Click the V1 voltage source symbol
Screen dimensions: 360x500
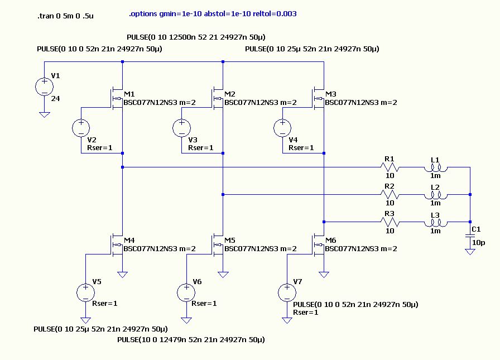click(44, 87)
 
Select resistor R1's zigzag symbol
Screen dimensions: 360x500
click(390, 166)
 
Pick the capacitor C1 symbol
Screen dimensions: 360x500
click(470, 237)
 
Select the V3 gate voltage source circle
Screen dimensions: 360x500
click(181, 128)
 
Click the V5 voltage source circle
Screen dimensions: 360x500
click(85, 292)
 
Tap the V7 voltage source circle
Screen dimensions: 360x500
click(286, 292)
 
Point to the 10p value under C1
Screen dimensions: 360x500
click(479, 243)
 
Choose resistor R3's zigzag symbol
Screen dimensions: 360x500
click(390, 222)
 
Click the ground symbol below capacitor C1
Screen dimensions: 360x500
click(470, 251)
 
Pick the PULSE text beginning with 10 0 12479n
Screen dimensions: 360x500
click(190, 339)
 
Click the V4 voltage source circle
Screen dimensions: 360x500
click(282, 128)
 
